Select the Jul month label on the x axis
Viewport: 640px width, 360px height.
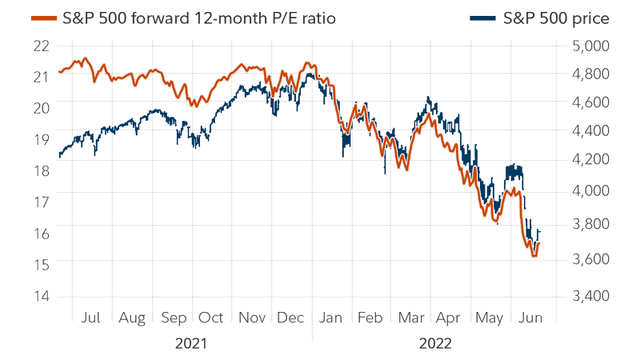click(x=91, y=318)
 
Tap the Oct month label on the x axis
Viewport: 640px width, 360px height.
click(x=211, y=318)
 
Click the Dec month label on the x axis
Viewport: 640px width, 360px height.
click(x=292, y=318)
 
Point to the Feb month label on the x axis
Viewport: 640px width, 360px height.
click(x=370, y=318)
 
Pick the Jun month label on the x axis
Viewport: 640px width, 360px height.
click(x=530, y=318)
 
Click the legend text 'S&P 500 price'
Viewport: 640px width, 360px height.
click(x=557, y=18)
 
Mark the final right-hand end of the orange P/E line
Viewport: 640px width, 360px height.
click(x=540, y=242)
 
